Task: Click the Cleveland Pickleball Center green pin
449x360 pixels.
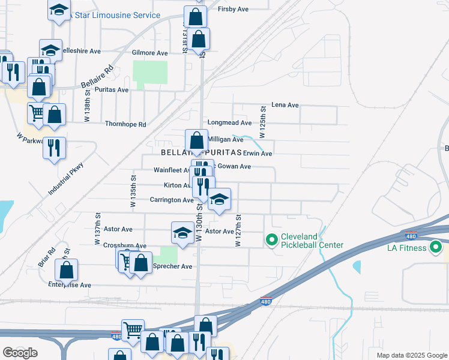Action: [x=271, y=240]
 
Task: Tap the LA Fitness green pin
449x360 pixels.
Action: [x=436, y=247]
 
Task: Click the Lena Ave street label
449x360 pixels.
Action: [x=285, y=105]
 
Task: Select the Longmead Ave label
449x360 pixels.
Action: [x=229, y=123]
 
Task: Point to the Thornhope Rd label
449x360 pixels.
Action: [x=125, y=125]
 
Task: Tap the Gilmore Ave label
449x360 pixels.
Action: [x=149, y=53]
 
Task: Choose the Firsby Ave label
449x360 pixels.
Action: [x=234, y=9]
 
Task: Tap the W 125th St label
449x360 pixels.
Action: [x=262, y=121]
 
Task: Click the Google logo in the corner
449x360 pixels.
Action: [x=20, y=353]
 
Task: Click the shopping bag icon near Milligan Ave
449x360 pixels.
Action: [x=196, y=142]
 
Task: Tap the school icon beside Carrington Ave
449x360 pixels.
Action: [x=220, y=200]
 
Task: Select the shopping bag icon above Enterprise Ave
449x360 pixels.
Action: [x=67, y=271]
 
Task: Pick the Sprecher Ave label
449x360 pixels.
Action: [x=173, y=266]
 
